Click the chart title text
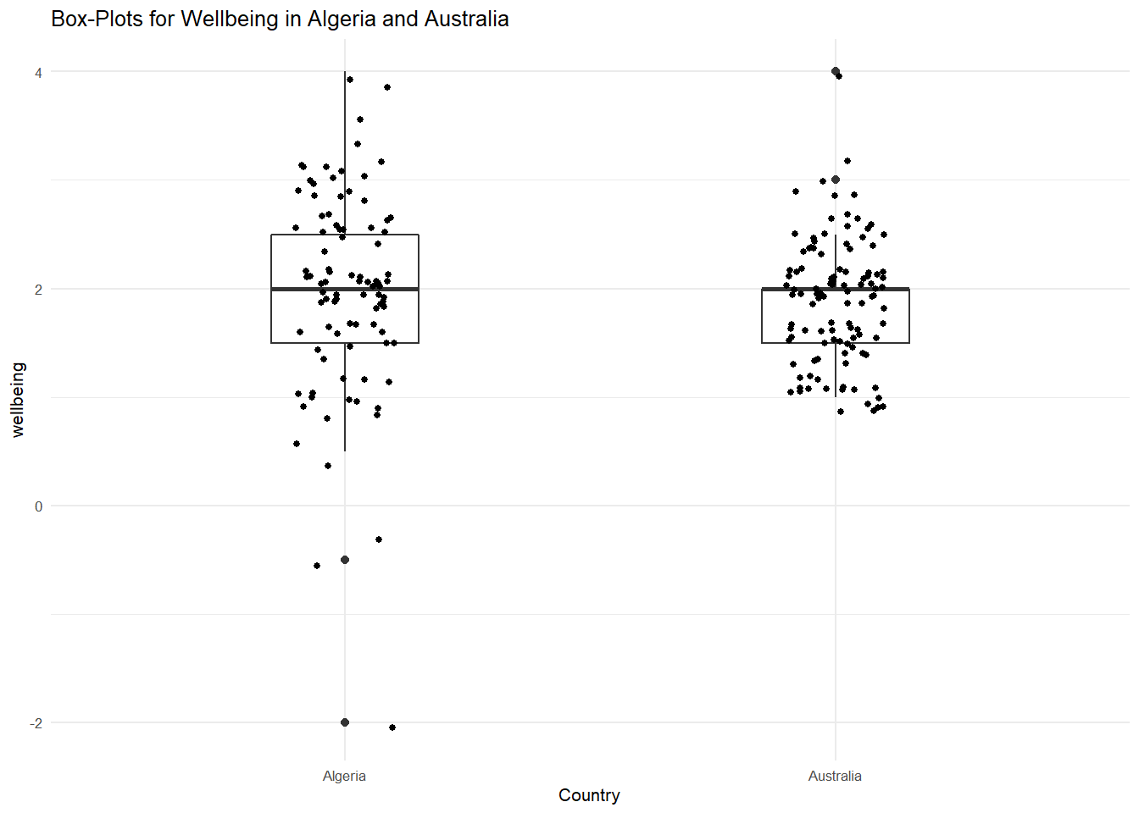coord(280,19)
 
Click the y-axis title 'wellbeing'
coord(18,399)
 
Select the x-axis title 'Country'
coord(589,795)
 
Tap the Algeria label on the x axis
coord(344,776)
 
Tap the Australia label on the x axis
coord(835,776)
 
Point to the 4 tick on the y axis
coord(38,73)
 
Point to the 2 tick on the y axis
coord(38,290)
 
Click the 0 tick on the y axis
coord(38,506)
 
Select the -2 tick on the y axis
coord(36,723)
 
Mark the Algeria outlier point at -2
coord(345,722)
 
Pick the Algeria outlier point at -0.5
coord(345,560)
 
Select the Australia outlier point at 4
coord(836,71)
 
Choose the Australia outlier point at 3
coord(836,180)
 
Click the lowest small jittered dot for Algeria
coord(392,727)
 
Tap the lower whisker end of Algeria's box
coord(345,451)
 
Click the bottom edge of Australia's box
coord(836,343)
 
